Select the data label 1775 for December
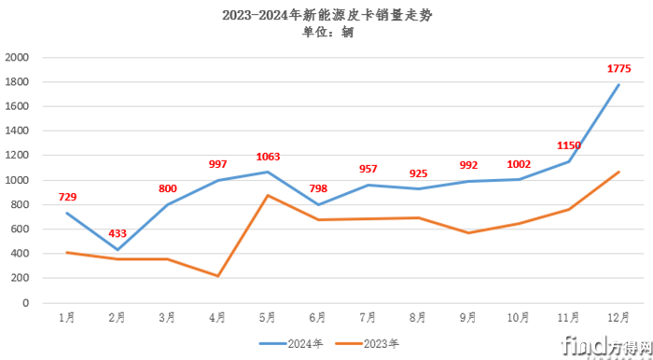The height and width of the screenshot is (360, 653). [619, 68]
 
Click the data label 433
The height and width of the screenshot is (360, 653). [118, 232]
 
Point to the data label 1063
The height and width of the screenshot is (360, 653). [268, 157]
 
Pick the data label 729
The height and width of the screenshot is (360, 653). [67, 197]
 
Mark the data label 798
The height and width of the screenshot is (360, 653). [318, 190]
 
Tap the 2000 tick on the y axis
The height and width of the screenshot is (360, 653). [19, 58]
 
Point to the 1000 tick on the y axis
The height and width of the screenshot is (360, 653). [19, 180]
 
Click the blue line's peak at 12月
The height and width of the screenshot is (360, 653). [618, 85]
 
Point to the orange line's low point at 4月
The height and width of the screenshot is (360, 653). [217, 276]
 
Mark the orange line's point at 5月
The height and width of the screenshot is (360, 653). [268, 195]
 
